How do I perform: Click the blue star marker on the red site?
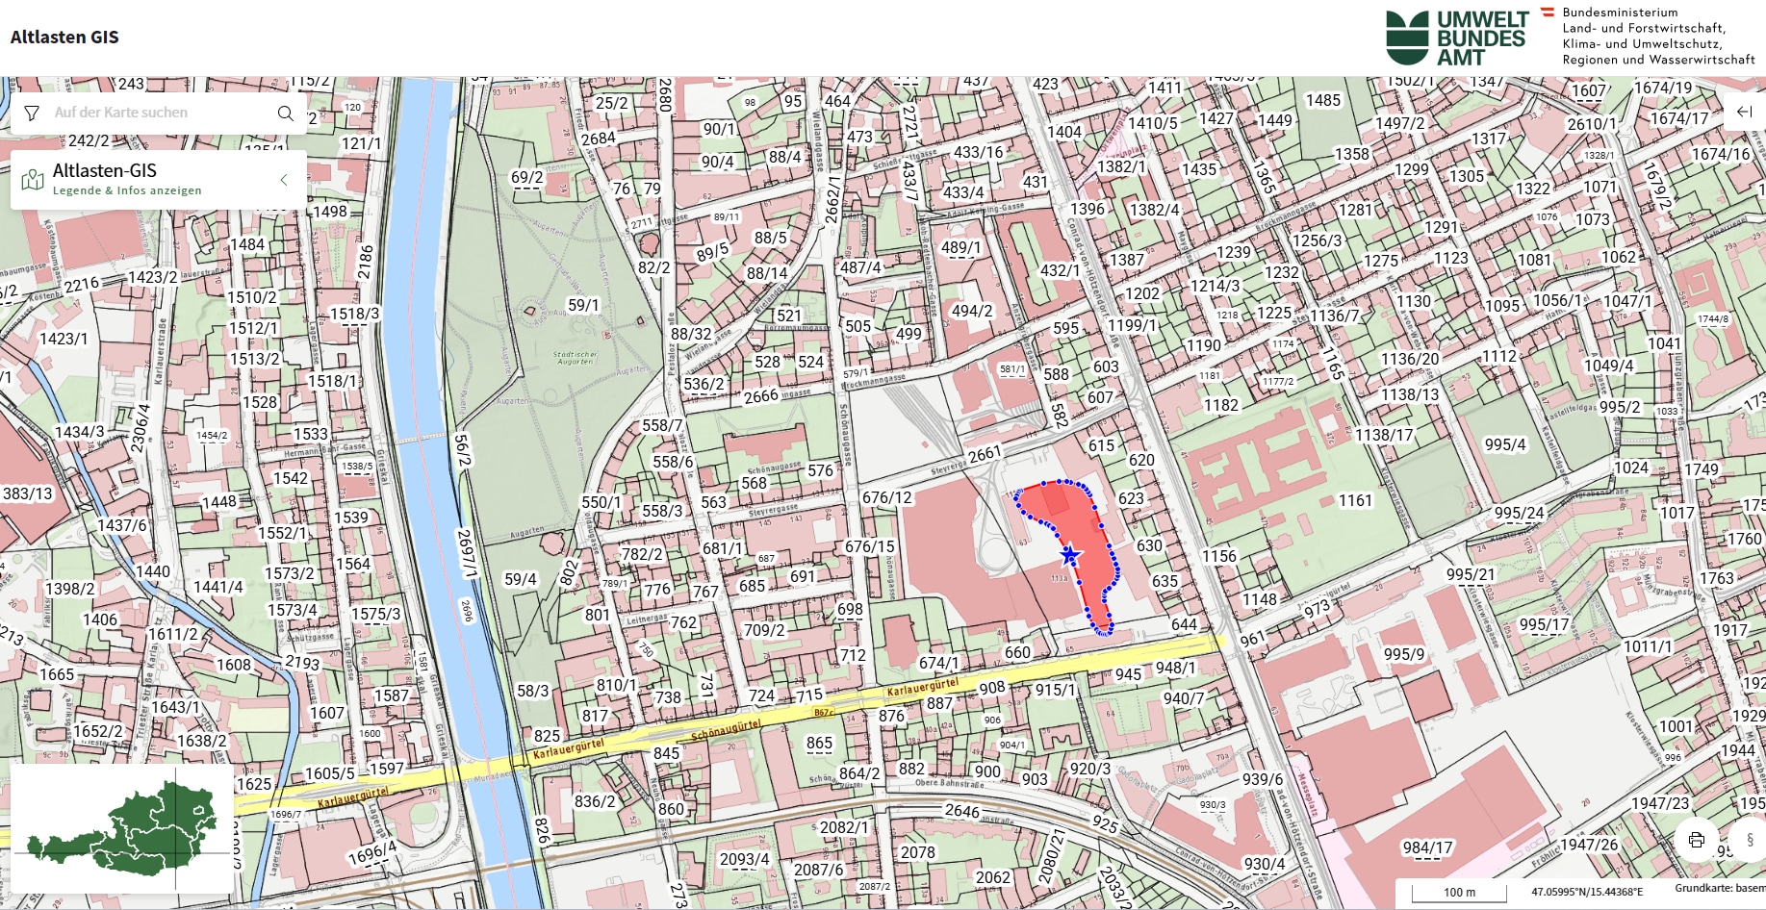click(x=1069, y=555)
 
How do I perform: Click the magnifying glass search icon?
click(x=285, y=113)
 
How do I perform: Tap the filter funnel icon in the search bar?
click(x=32, y=113)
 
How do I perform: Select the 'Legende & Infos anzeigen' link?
click(x=127, y=190)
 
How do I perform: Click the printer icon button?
click(x=1696, y=839)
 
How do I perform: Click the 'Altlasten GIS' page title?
click(x=64, y=38)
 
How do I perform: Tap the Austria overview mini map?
click(x=122, y=828)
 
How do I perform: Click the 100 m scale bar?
click(x=1458, y=892)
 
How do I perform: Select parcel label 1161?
click(x=1355, y=500)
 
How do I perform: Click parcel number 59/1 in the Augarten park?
click(x=583, y=305)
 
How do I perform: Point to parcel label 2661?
click(x=985, y=453)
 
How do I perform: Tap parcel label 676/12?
click(x=886, y=497)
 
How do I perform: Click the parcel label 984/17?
click(x=1427, y=847)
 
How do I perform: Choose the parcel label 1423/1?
click(x=64, y=339)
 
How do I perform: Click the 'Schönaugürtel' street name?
click(x=726, y=730)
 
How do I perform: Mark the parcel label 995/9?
click(x=1404, y=654)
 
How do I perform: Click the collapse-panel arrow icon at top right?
click(x=1744, y=112)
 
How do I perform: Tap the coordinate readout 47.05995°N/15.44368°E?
click(x=1587, y=892)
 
